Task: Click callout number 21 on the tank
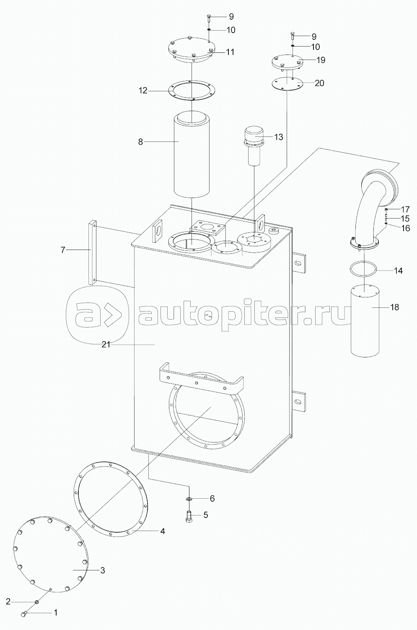pos(106,344)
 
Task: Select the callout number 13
pos(278,137)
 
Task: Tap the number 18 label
pos(394,307)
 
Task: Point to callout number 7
pos(63,250)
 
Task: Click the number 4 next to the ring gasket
pos(163,531)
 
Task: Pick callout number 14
pos(398,271)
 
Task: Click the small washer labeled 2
pos(36,601)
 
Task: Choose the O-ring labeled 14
pos(363,270)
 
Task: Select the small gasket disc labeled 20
pos(287,83)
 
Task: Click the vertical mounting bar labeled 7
pos(92,253)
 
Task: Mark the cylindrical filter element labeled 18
pos(365,320)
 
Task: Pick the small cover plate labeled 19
pos(287,62)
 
